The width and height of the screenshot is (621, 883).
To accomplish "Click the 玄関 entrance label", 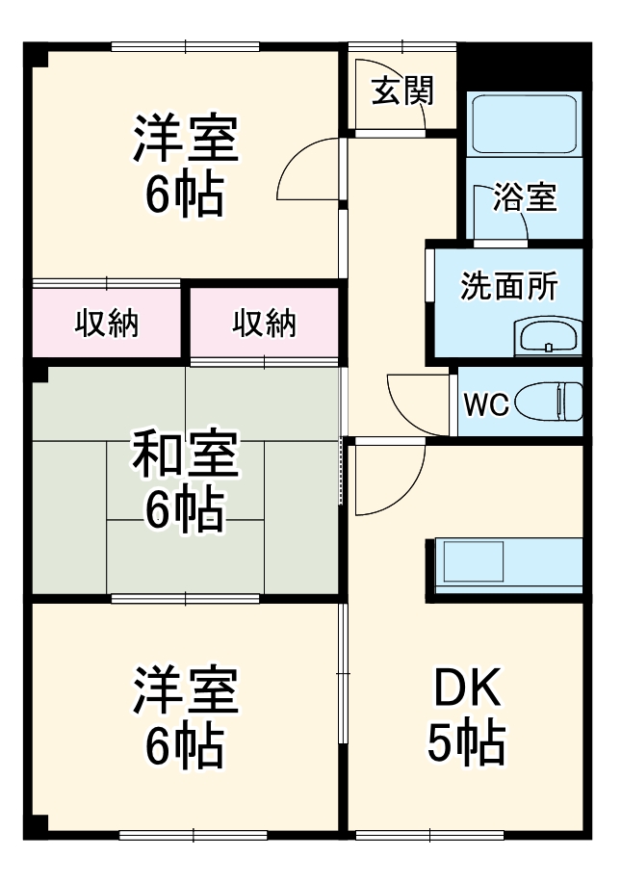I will tap(402, 91).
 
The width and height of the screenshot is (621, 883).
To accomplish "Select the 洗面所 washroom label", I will tap(508, 286).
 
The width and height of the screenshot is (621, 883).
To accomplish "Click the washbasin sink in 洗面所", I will tap(548, 337).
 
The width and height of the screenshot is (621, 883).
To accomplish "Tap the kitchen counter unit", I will tap(508, 566).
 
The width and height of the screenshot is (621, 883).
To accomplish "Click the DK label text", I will tap(467, 689).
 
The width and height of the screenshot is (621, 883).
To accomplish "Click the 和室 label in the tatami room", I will tap(185, 456).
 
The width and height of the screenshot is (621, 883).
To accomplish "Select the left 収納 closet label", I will tap(107, 325).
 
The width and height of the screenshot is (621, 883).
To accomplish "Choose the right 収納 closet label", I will tap(264, 325).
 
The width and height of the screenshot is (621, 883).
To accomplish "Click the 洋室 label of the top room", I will tap(185, 141).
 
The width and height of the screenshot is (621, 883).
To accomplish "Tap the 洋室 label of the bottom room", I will tap(185, 691).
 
